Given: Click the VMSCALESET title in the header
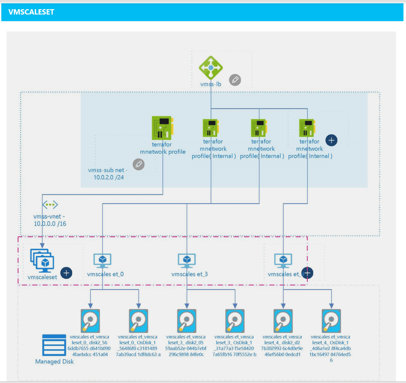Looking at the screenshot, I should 31,12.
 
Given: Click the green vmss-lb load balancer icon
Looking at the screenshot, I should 211,68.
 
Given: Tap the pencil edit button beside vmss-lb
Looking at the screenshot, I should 235,80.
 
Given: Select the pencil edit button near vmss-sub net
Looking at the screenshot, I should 138,164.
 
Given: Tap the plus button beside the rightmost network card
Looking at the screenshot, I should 331,140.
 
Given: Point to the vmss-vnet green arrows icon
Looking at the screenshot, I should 50,205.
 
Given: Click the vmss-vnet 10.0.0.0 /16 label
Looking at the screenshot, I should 50,220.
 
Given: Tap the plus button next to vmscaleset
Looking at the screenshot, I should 66,273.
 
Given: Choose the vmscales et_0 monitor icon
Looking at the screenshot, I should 103,260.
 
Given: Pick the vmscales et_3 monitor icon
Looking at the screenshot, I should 187,260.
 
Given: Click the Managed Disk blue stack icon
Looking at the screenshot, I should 54,345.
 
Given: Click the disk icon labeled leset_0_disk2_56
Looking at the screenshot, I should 90,321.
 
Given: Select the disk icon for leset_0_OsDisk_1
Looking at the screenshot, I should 138,321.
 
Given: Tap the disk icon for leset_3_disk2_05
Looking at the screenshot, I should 187,321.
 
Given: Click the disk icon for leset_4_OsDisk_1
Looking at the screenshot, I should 331,321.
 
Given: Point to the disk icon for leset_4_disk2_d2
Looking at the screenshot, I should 283,321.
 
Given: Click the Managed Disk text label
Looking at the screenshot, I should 54,362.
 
